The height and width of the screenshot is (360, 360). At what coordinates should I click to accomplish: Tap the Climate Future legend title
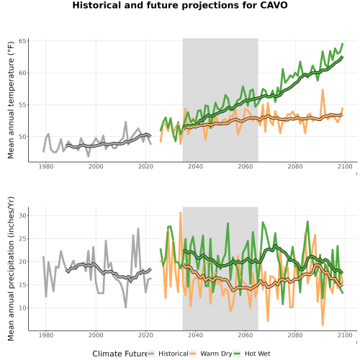(x=120, y=354)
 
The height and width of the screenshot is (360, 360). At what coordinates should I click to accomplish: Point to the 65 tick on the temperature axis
(x=22, y=41)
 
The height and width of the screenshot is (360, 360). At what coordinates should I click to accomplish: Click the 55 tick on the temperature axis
(x=22, y=105)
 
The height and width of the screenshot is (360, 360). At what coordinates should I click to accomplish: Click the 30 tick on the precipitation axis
(x=22, y=215)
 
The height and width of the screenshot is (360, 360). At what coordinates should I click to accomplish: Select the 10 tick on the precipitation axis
(x=22, y=307)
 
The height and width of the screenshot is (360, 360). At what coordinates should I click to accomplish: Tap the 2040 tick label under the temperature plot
(x=195, y=166)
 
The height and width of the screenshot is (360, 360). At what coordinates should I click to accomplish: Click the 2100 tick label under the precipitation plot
(x=345, y=335)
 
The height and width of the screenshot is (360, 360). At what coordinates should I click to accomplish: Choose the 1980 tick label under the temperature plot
(x=46, y=166)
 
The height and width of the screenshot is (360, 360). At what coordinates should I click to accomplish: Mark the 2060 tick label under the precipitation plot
(x=246, y=335)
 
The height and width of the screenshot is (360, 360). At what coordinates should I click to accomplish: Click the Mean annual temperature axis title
(x=11, y=99)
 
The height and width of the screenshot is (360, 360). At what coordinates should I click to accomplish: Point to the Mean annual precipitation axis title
(x=11, y=269)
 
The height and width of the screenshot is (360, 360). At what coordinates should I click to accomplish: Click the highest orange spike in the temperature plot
(x=323, y=90)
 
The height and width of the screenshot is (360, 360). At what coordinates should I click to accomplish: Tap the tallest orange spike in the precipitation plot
(x=181, y=212)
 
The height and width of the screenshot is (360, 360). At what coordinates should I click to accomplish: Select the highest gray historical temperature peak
(x=125, y=122)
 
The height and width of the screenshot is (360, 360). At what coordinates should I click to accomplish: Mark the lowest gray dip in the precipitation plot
(x=125, y=307)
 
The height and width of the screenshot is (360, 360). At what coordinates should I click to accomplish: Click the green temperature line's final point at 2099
(x=343, y=44)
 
